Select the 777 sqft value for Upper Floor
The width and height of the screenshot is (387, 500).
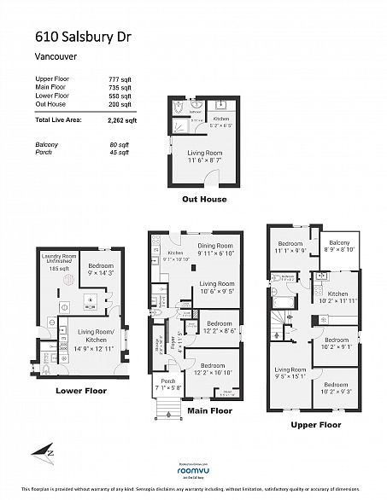(120, 78)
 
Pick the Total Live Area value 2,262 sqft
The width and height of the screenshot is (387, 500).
(120, 121)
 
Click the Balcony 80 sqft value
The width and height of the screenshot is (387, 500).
(120, 145)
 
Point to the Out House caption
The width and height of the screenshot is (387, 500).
(203, 199)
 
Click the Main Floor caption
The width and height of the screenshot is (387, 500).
(209, 410)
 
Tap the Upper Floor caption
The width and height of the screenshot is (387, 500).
(315, 424)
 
